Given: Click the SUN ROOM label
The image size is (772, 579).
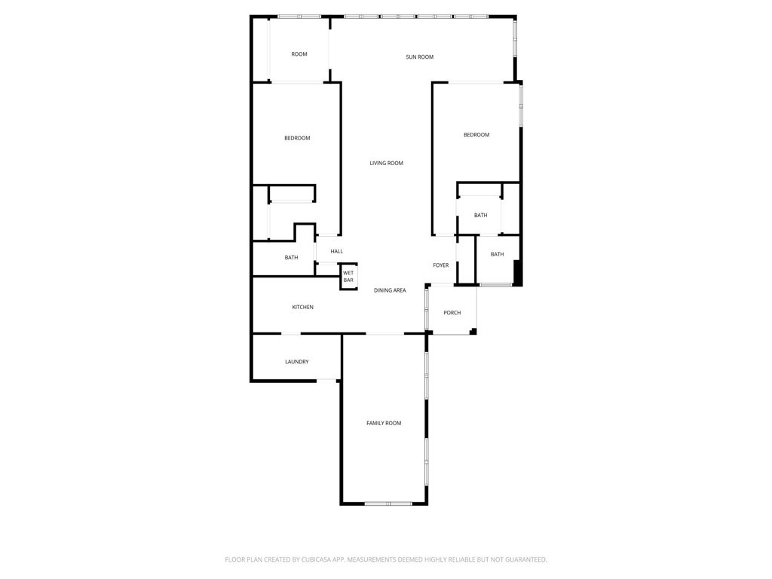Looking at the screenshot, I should (419, 57).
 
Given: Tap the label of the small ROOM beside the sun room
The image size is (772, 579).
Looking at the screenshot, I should (299, 54).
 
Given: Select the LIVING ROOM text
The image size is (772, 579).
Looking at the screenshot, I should (386, 164).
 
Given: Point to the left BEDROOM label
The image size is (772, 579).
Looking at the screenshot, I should (297, 138).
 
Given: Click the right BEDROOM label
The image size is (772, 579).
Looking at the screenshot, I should (476, 135).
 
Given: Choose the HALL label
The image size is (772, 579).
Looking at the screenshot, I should (336, 252).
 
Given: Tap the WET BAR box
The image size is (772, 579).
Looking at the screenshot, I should (348, 277).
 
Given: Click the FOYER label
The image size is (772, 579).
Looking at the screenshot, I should (441, 265).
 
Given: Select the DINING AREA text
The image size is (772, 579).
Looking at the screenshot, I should (390, 290).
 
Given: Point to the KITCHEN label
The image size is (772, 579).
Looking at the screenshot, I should (302, 308).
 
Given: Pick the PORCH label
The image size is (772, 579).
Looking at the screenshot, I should (452, 313).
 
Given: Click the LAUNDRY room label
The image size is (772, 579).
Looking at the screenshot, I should (296, 362).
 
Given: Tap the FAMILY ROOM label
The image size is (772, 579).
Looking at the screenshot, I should (384, 424).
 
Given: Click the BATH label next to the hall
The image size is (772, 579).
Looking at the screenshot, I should (291, 258).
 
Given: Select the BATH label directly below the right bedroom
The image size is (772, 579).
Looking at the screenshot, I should (480, 216).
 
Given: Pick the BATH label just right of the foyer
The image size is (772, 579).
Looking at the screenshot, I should (497, 255).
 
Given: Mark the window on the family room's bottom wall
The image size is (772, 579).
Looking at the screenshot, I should (388, 503).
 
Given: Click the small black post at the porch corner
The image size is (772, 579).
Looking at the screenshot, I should (473, 331).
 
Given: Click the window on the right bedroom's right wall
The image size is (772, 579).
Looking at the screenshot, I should (520, 106).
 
